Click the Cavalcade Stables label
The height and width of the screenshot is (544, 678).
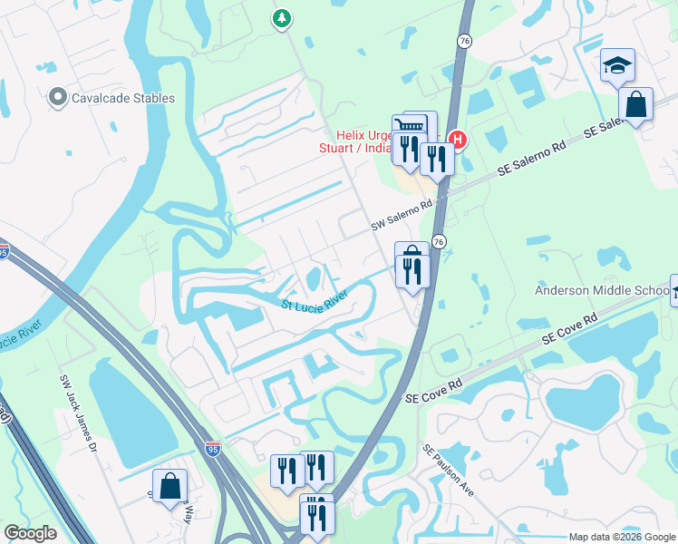[124, 98]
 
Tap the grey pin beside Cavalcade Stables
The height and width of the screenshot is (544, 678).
[59, 96]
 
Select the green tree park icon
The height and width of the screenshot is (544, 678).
[283, 17]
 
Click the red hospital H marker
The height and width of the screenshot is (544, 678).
[458, 140]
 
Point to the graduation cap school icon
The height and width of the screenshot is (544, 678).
[617, 65]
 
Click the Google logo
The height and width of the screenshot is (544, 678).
[30, 533]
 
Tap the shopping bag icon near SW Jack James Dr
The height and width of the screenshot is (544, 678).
[169, 486]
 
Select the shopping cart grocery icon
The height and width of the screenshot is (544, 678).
[411, 126]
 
